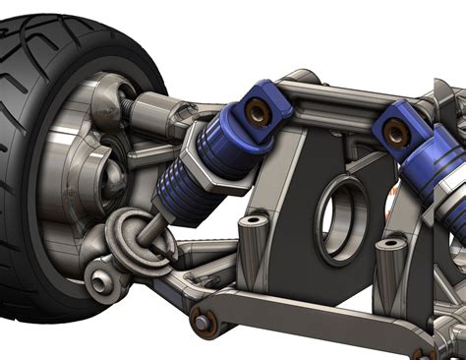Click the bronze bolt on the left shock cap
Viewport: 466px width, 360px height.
(x=259, y=112)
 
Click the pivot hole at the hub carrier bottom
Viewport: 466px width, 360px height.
(x=99, y=282)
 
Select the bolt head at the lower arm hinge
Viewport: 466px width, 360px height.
(x=202, y=321)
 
